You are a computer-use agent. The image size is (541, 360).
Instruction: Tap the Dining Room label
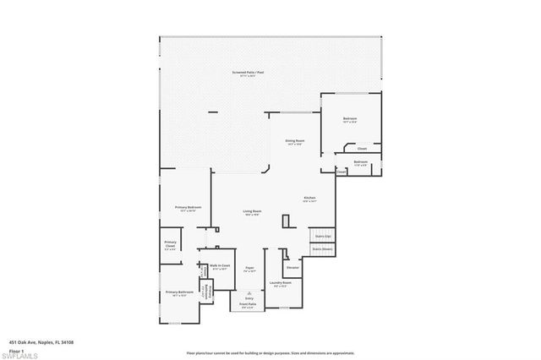[x=295, y=141]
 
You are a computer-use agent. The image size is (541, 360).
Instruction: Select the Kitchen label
[x=310, y=199]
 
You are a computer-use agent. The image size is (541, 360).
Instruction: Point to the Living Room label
[x=252, y=212]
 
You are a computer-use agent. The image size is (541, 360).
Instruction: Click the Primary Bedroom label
[x=187, y=208]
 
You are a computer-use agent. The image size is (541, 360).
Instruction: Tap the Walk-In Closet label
[x=219, y=267]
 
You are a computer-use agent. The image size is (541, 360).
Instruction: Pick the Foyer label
[x=250, y=269]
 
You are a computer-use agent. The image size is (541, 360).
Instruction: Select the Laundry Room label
[x=281, y=284]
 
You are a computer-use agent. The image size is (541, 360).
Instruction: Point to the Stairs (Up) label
[x=323, y=237]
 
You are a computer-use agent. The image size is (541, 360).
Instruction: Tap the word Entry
[x=249, y=298]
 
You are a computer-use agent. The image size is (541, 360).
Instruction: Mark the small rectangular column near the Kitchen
[x=286, y=221]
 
